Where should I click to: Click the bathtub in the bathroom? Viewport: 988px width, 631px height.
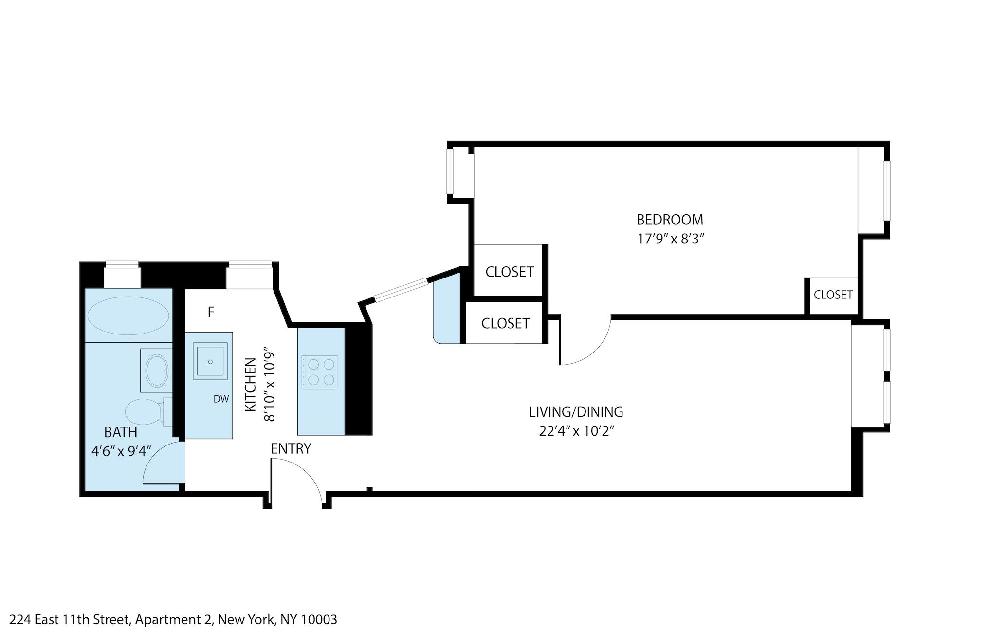pyautogui.click(x=128, y=315)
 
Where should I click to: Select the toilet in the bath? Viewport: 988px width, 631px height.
pyautogui.click(x=145, y=411)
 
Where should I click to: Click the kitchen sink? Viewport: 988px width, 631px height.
pyautogui.click(x=210, y=362)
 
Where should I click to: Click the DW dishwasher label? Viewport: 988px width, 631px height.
pyautogui.click(x=221, y=399)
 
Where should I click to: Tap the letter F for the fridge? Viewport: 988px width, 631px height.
pyautogui.click(x=211, y=312)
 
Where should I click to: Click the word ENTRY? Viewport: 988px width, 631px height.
pyautogui.click(x=291, y=449)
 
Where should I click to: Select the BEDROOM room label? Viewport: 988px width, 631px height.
pyautogui.click(x=670, y=220)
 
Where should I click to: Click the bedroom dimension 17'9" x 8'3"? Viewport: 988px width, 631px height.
pyautogui.click(x=671, y=239)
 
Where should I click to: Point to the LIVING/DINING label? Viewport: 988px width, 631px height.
pyautogui.click(x=576, y=412)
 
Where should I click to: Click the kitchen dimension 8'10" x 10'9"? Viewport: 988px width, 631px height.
pyautogui.click(x=269, y=384)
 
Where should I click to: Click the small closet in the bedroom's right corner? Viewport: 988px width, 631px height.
pyautogui.click(x=833, y=295)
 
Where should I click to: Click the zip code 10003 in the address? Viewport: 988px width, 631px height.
pyautogui.click(x=319, y=619)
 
